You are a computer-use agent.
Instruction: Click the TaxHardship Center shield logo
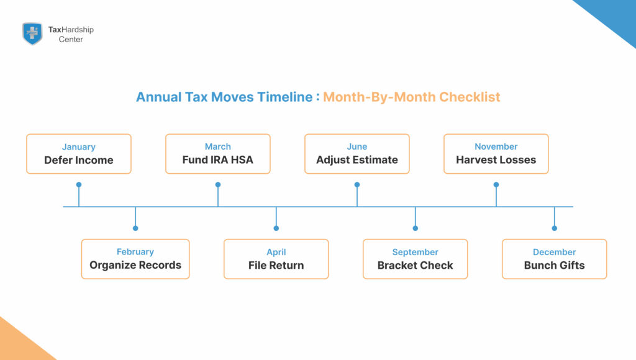click(x=32, y=34)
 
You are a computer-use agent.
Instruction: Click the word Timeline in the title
click(x=286, y=97)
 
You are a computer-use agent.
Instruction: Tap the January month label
click(x=79, y=147)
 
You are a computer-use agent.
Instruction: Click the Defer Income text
click(x=79, y=160)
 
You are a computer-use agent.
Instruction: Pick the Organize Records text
click(x=135, y=265)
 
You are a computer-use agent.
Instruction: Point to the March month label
click(x=218, y=147)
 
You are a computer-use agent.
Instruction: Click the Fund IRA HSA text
click(x=218, y=160)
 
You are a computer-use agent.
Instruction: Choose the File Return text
click(x=276, y=265)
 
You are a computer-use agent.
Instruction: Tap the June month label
click(x=357, y=147)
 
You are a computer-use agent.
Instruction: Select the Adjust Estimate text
click(x=357, y=160)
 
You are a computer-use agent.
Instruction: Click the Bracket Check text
click(x=416, y=265)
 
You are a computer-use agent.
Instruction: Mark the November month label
click(x=496, y=147)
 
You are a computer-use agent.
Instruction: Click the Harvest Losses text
click(x=496, y=160)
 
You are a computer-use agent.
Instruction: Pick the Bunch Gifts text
click(x=555, y=265)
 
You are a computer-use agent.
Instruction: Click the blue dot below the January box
click(x=79, y=184)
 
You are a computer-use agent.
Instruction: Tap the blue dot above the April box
click(x=276, y=228)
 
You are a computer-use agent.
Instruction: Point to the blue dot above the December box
click(x=555, y=228)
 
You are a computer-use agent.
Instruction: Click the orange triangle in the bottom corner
click(x=19, y=344)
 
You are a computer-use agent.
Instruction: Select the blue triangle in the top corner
click(x=615, y=16)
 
